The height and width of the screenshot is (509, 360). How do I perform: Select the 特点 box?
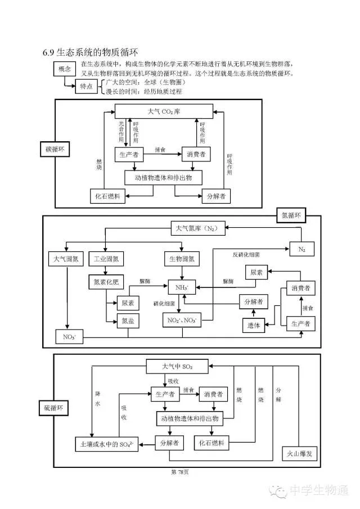(86, 87)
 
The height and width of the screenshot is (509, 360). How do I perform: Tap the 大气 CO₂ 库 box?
(164, 111)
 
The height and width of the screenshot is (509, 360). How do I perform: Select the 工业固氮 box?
(106, 259)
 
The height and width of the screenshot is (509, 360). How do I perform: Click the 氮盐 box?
(128, 322)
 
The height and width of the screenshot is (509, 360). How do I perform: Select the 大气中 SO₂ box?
(177, 367)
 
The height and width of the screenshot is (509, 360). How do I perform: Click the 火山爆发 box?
(299, 454)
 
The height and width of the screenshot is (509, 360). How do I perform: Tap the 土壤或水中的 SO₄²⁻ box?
(107, 444)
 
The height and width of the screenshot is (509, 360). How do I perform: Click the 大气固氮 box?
(66, 259)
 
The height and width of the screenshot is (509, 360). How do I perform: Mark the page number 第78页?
(179, 472)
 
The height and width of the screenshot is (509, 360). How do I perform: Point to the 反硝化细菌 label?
(246, 254)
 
